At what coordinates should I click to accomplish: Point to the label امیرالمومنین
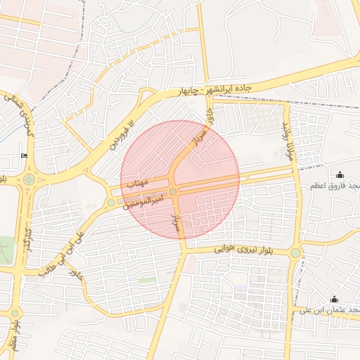146,201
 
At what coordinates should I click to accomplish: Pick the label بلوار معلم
13,334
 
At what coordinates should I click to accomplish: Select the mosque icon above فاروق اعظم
340,175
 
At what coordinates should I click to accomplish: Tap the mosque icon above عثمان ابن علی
334,300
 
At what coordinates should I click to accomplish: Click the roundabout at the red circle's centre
173,191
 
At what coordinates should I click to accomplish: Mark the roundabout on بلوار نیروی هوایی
295,252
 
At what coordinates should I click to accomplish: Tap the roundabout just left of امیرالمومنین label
111,203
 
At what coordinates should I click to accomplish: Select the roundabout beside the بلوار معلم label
14,314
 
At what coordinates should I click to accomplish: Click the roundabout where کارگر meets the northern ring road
29,179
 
